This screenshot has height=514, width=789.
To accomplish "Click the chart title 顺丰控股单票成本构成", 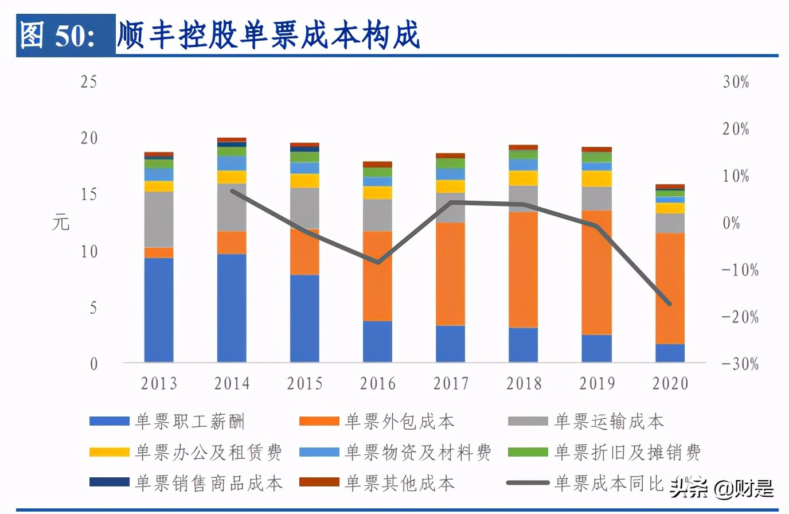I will (268, 34).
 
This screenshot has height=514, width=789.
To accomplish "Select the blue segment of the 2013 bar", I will (159, 310).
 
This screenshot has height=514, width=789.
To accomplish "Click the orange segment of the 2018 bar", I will (524, 270).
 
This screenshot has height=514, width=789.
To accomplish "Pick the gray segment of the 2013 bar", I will (159, 219).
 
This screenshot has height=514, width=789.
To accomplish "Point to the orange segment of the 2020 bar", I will (670, 288).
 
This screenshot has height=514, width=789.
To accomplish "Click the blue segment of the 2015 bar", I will (304, 318).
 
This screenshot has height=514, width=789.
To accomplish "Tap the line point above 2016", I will (378, 263).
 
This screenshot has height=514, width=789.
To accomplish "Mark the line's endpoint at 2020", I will (670, 304).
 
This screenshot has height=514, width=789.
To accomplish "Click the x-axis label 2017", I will (451, 383).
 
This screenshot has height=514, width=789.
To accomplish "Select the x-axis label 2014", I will (232, 383).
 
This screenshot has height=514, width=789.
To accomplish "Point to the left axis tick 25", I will (89, 81).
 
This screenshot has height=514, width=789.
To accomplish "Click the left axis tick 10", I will (89, 251).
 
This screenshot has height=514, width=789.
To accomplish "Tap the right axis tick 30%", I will (736, 82).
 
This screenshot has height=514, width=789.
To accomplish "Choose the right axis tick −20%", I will (740, 317).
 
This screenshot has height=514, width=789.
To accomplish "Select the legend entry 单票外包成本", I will (399, 422).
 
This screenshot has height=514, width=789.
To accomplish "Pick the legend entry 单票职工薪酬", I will (190, 422).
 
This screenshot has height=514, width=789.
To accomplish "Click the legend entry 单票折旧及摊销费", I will (627, 453).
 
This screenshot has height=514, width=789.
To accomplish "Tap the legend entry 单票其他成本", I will (399, 483).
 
